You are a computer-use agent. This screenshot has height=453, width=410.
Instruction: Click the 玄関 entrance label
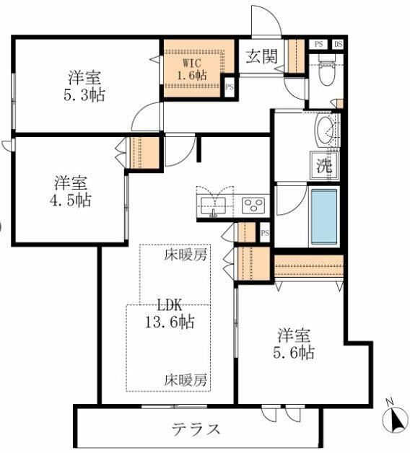(x=262, y=56)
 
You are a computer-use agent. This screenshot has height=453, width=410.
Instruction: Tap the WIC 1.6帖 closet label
(x=192, y=70)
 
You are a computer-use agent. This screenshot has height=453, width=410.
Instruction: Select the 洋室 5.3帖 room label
(x=84, y=86)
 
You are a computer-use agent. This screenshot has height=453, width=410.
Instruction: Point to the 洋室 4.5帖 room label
(x=71, y=191)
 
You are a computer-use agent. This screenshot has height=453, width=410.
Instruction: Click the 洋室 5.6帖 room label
(x=294, y=343)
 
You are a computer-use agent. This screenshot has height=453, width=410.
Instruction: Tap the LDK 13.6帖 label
(x=170, y=313)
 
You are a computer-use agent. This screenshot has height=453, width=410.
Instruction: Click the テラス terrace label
(x=196, y=428)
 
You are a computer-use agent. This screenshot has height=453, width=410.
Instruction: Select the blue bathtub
(x=324, y=216)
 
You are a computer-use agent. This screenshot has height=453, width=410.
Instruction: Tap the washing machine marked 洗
(x=324, y=165)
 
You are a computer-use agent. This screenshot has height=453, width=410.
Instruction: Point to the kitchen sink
(x=214, y=206)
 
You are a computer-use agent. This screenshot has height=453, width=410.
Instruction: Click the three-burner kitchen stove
(x=253, y=206)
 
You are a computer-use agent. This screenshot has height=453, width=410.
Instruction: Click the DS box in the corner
(x=338, y=45)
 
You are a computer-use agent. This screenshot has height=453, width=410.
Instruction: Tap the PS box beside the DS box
(x=318, y=45)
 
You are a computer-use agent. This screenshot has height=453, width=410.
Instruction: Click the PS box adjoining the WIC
(x=230, y=87)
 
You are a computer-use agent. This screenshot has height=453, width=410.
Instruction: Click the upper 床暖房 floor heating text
(x=186, y=255)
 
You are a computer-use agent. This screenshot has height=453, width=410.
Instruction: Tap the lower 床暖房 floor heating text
(x=186, y=380)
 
